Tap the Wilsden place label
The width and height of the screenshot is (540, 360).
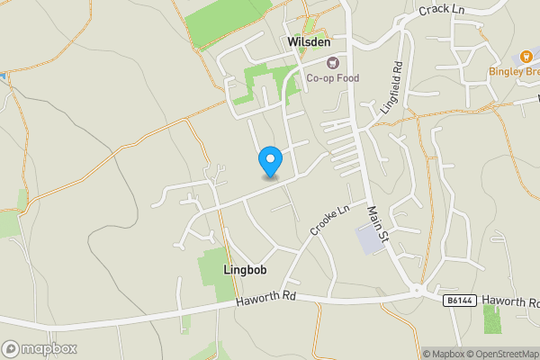pyautogui.click(x=310, y=42)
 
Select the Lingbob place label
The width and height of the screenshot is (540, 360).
pyautogui.click(x=245, y=269)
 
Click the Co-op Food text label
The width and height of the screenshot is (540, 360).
pyautogui.click(x=332, y=78)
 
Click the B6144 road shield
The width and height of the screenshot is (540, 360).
pyautogui.click(x=456, y=301)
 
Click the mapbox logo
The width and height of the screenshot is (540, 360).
pyautogui.click(x=39, y=348)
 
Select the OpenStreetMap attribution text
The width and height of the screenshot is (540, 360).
pyautogui.click(x=499, y=354)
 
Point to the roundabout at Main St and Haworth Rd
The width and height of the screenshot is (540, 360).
pyautogui.click(x=416, y=291)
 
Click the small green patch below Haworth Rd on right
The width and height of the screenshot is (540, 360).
pyautogui.click(x=491, y=319)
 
